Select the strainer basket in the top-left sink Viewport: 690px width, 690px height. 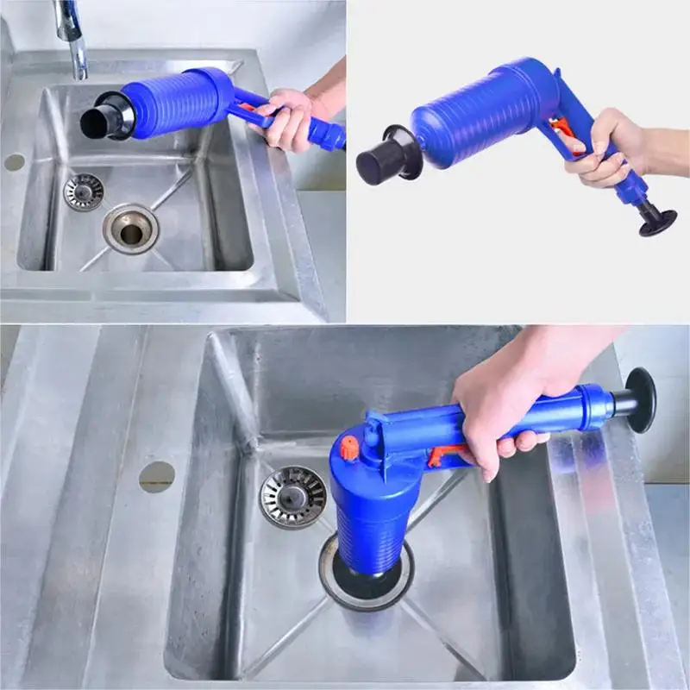[x=84, y=191]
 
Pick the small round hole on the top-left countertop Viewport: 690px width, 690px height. [x=14, y=162]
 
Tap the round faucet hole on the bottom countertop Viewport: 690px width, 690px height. [x=156, y=476]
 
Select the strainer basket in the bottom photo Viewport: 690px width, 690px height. [x=293, y=497]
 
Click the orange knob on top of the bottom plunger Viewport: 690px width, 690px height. [x=348, y=448]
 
